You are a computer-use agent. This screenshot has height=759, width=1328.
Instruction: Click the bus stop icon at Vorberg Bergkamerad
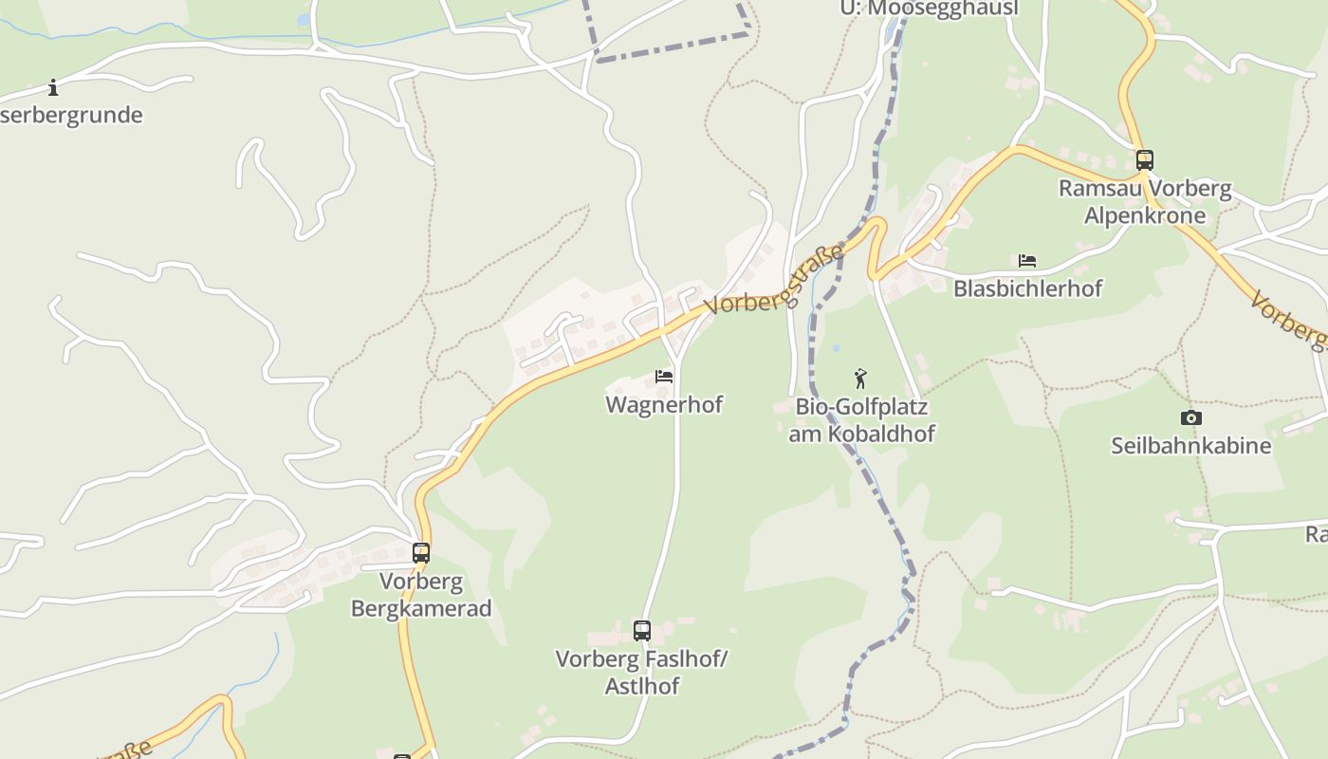coord(420,552)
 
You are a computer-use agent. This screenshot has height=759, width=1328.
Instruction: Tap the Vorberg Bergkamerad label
coord(421,594)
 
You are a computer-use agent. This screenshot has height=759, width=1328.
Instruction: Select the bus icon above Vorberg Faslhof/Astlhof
coord(642,630)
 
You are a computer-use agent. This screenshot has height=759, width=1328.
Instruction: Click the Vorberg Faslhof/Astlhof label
coord(641,672)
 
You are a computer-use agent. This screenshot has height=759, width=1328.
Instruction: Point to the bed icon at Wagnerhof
coord(664,377)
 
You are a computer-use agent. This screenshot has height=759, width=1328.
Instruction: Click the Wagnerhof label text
coord(664,404)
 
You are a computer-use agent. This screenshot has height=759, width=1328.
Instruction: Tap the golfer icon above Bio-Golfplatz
coord(860,379)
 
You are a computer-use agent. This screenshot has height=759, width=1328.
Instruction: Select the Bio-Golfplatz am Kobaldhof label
coord(861,420)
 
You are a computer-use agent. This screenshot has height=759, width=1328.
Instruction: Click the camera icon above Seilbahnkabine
coord(1190,417)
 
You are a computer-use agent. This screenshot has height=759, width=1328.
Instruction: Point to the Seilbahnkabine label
coord(1190,444)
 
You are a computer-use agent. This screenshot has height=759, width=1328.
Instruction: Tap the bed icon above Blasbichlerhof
coord(1026,261)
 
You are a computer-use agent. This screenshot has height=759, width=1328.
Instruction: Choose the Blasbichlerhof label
coord(1027,287)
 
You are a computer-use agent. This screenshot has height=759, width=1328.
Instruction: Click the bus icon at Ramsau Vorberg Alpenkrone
coord(1145,159)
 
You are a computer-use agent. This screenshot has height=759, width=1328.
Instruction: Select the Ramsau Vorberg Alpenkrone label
coord(1145,201)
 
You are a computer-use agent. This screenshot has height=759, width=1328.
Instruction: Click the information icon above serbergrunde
coord(53,88)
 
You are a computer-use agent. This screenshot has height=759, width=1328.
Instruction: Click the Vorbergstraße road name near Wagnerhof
coord(774,280)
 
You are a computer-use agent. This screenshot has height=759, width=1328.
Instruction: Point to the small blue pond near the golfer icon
coord(836,348)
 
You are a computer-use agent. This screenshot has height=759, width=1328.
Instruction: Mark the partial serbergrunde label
coord(71,115)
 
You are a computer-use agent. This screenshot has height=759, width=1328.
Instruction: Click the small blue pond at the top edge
coord(303,19)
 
